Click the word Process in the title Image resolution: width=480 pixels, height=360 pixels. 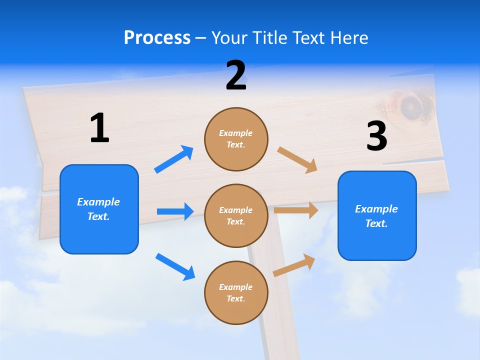point(157,38)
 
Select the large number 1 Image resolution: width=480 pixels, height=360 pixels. point(99,128)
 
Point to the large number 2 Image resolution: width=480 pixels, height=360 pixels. point(236,75)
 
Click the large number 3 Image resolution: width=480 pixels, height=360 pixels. point(376,136)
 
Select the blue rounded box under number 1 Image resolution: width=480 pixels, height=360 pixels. point(99,209)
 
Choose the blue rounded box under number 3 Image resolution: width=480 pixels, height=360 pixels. point(377,216)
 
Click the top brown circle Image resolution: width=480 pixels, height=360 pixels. point(236,139)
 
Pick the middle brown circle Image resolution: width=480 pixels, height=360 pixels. point(236,215)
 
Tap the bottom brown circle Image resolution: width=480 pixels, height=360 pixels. point(236,292)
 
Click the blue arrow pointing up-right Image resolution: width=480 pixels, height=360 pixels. point(174,159)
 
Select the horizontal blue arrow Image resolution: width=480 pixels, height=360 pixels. point(175,211)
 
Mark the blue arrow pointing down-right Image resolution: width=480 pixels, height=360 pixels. point(175,266)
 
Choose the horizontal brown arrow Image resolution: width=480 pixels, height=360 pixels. point(296,210)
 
